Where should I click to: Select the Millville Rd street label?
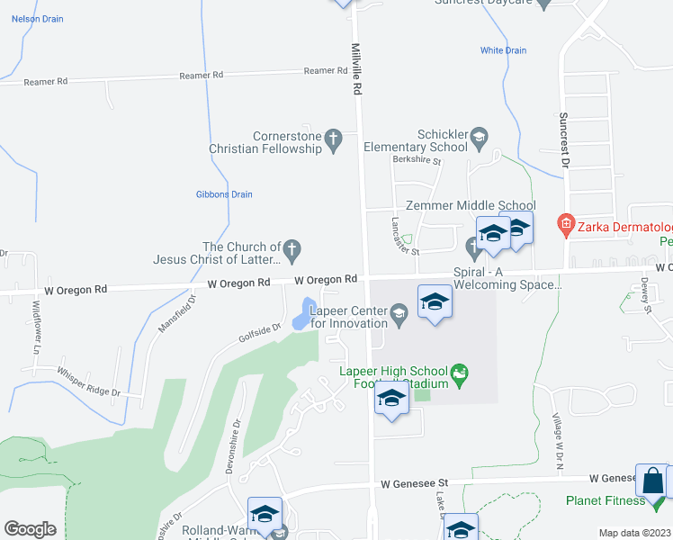pos(356,69)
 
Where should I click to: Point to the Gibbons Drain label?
pos(224,194)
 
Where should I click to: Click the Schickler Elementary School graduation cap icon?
pos(479,137)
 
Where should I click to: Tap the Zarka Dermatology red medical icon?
pos(566,222)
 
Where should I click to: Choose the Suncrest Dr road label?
pos(564,140)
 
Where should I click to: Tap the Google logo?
pos(30,528)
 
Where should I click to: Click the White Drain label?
pos(503,50)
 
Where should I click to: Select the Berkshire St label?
pos(417,161)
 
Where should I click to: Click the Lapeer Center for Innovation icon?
pos(400,311)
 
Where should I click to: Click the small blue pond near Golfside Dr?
pos(302,315)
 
